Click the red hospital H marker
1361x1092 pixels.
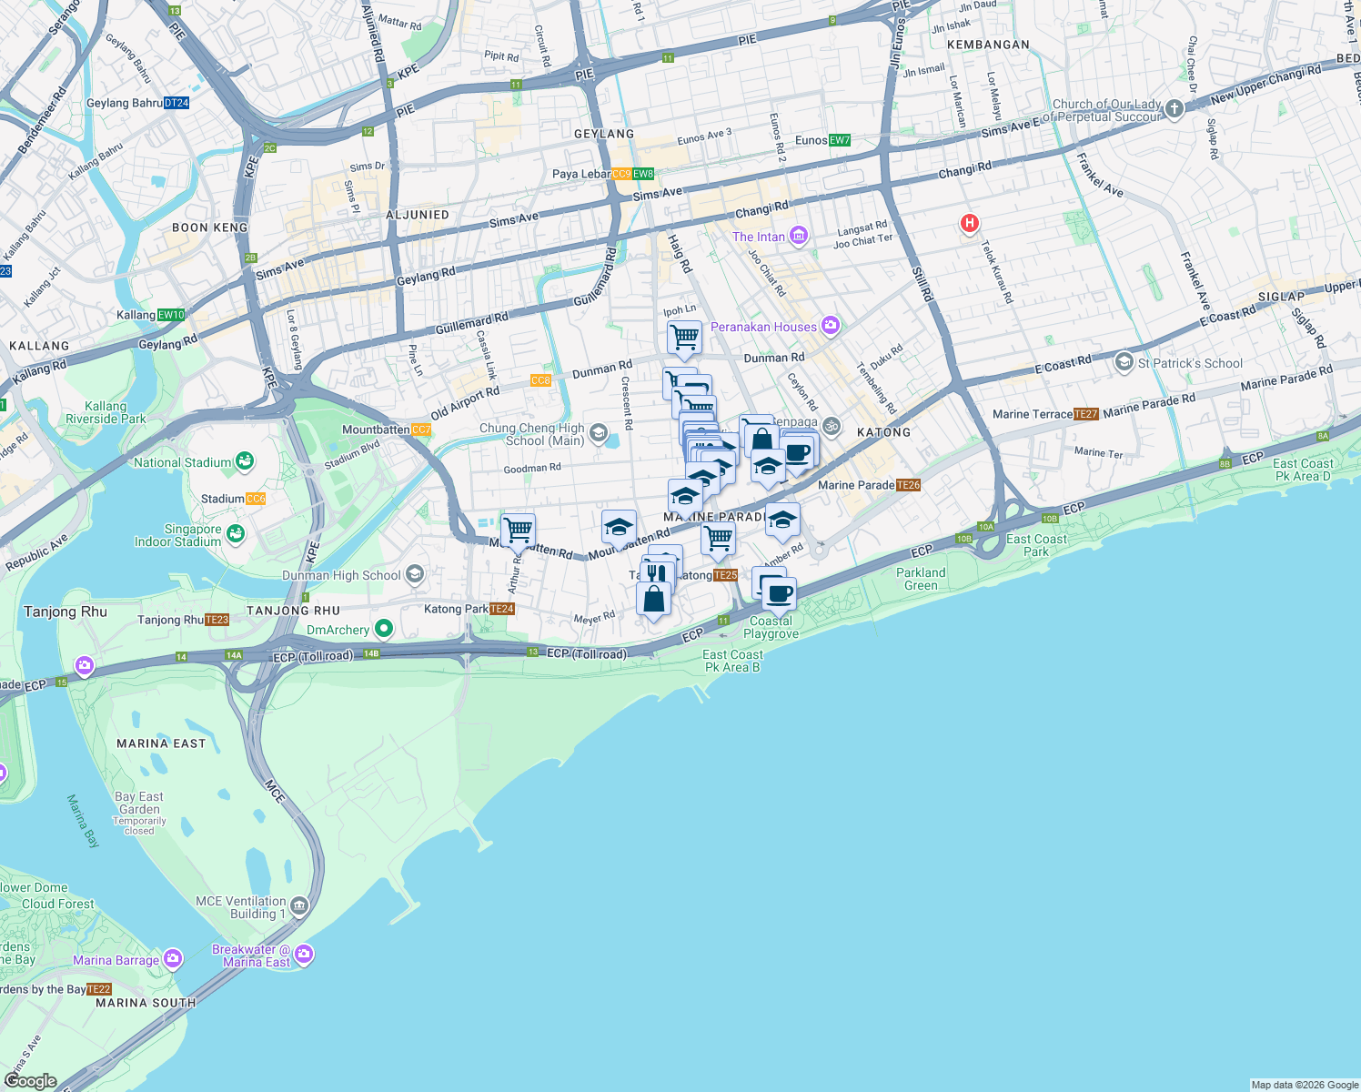click(970, 223)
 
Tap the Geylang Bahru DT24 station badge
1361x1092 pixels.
click(176, 103)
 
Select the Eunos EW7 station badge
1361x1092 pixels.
click(839, 140)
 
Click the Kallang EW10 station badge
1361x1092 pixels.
click(171, 315)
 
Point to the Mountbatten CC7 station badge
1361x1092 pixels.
click(420, 430)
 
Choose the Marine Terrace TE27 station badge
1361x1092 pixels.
click(1086, 414)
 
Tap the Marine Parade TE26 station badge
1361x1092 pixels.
click(909, 485)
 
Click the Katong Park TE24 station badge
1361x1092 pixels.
click(502, 609)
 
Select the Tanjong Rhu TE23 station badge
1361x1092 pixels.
click(217, 620)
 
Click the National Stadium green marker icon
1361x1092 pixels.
click(244, 461)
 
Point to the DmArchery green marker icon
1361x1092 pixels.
click(384, 628)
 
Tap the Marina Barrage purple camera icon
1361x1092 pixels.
click(173, 959)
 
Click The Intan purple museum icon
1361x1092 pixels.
click(799, 237)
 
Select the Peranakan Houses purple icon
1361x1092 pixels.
click(830, 325)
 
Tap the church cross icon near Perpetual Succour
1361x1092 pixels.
click(1174, 110)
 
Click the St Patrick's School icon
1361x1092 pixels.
click(1124, 362)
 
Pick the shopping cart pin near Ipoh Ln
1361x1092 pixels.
click(684, 339)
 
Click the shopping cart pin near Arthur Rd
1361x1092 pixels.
click(518, 531)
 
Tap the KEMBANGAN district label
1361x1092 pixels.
click(988, 45)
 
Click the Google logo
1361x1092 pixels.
click(30, 1081)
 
